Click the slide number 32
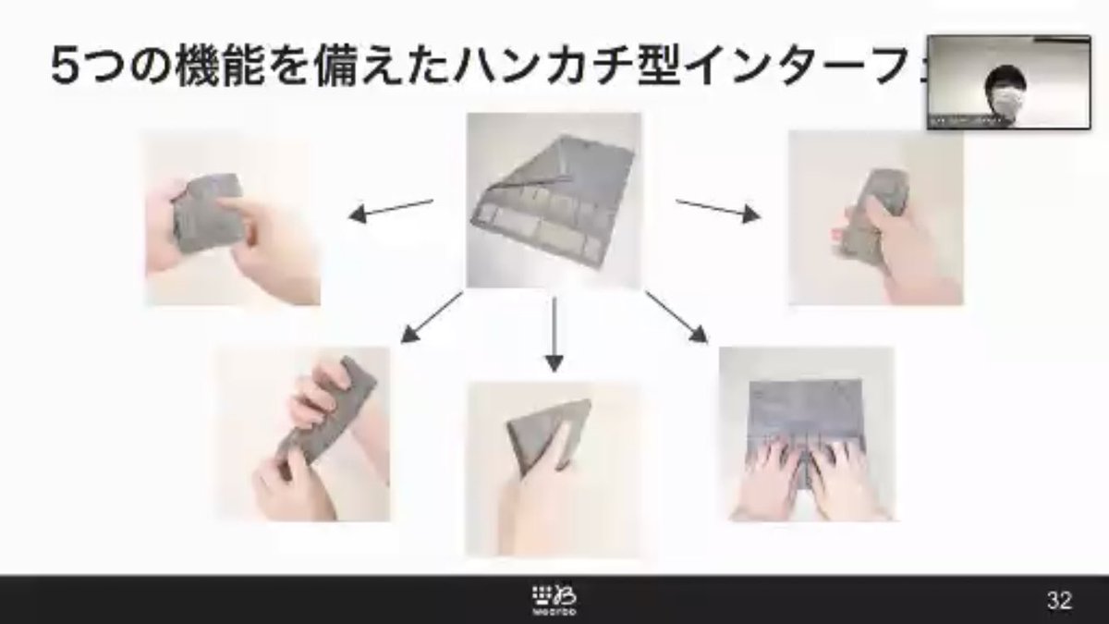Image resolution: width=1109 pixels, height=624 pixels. coord(1059,601)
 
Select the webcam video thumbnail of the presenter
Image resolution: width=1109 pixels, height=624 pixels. coord(1008,82)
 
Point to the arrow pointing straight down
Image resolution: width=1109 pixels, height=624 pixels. coord(554,333)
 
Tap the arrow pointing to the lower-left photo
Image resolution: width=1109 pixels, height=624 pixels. coord(432,319)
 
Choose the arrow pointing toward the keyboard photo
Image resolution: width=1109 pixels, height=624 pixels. coord(676,318)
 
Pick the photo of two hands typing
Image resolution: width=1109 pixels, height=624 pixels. coord(806,434)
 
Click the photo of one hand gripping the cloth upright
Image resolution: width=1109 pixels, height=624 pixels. coord(874,218)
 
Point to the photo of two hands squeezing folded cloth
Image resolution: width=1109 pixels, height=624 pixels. coord(233,218)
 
